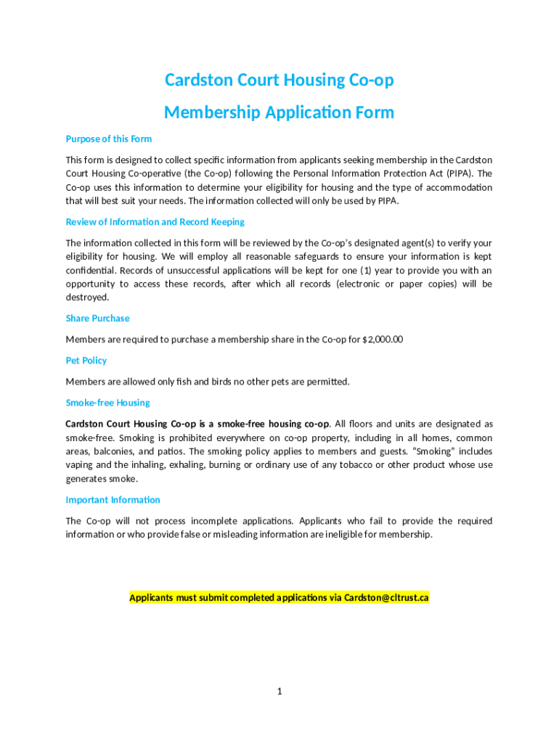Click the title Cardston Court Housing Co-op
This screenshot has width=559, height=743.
click(x=279, y=80)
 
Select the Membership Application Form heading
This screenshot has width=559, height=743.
click(x=279, y=112)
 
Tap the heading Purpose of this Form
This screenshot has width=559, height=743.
click(x=109, y=139)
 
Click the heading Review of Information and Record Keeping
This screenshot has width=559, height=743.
click(x=155, y=222)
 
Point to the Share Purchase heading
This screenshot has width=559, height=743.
click(x=97, y=319)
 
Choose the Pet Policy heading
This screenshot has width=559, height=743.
click(x=86, y=361)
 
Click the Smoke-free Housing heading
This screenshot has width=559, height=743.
click(x=108, y=403)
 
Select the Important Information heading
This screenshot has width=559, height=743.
click(x=113, y=500)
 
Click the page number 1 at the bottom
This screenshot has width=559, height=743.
click(x=279, y=691)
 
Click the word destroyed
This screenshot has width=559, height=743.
click(x=87, y=297)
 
